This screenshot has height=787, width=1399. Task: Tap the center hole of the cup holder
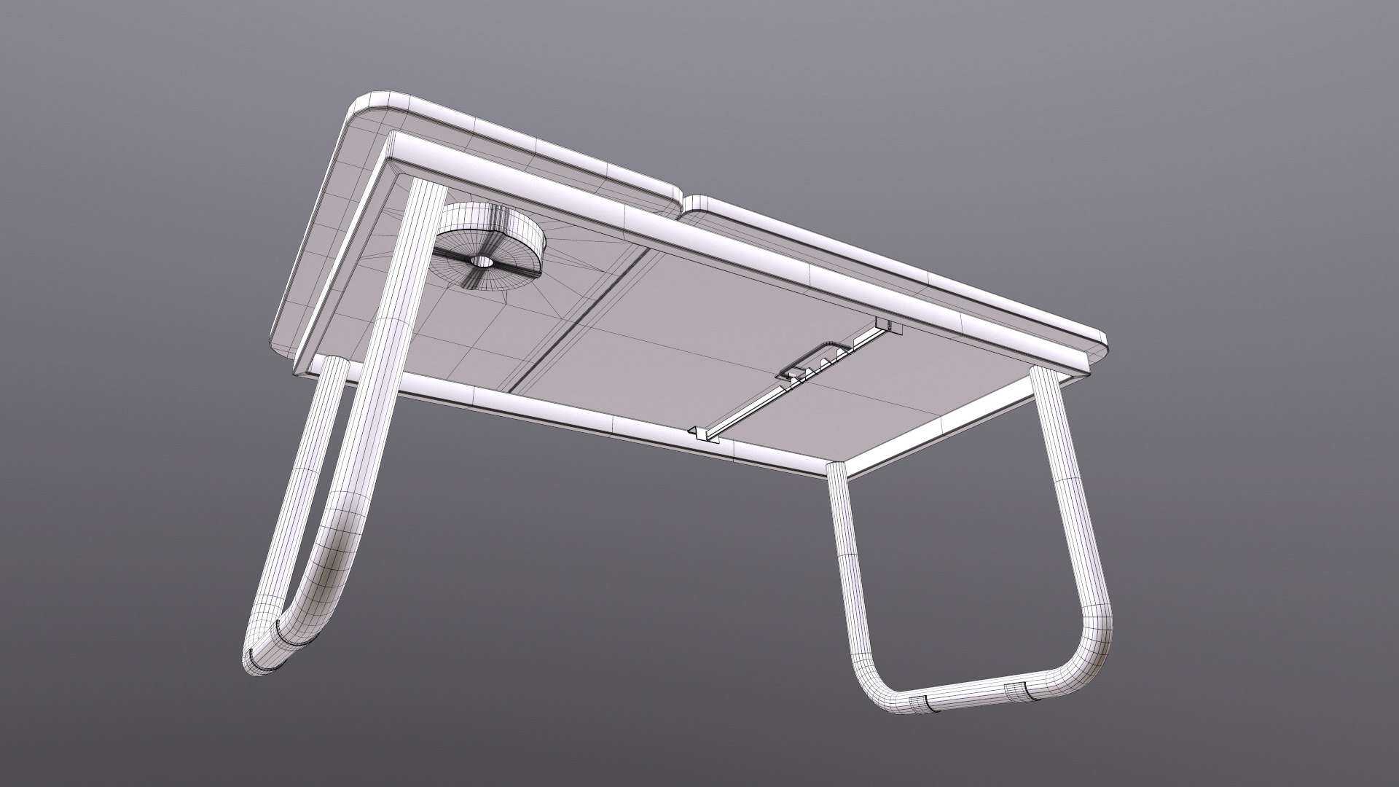click(479, 261)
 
